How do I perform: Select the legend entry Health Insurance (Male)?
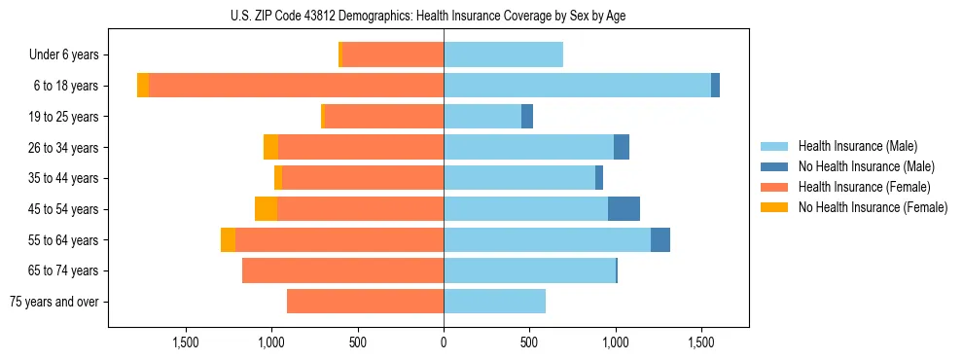[856, 146]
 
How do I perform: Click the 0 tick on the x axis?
[444, 342]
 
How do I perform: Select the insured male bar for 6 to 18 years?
[577, 86]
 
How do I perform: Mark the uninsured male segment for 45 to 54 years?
[624, 209]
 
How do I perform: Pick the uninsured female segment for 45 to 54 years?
[266, 209]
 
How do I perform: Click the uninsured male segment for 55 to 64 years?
[660, 240]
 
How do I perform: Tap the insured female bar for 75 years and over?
[365, 302]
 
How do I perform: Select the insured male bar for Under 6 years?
[503, 55]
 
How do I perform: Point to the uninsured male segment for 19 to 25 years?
[527, 117]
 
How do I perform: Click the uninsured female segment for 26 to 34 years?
[270, 148]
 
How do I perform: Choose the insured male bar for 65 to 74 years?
[529, 270]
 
